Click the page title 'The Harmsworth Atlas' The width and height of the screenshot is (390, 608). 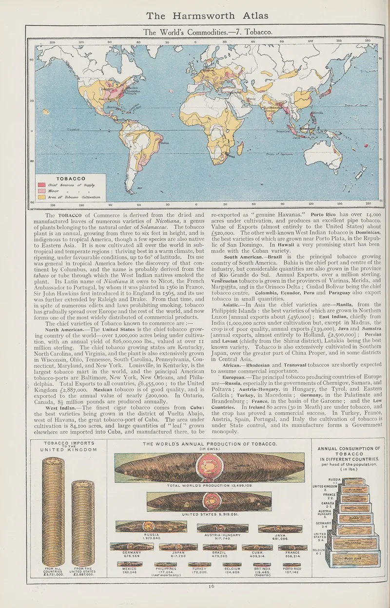pos(207,16)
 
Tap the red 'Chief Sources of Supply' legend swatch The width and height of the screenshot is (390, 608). pos(41,185)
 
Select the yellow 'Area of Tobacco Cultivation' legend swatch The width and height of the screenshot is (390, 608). pos(41,197)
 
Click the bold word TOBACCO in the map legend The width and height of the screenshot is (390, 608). pos(71,179)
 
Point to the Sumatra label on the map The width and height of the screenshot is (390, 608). pos(283,131)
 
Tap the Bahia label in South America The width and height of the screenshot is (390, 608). pos(165,143)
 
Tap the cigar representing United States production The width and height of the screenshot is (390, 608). pos(210,502)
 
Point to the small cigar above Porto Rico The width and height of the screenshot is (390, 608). pos(292,564)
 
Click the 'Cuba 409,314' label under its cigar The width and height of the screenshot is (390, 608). pos(256,554)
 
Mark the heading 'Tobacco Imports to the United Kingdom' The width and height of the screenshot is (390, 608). pos(68,446)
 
